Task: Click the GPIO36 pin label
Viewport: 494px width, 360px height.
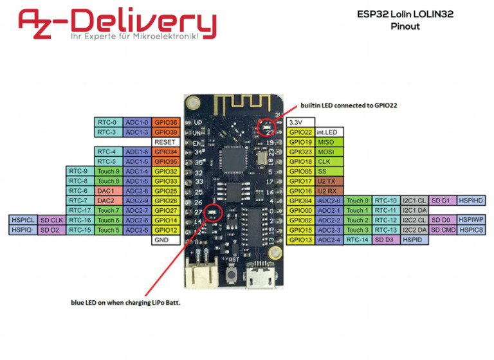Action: point(165,122)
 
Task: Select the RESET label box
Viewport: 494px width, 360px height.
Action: point(165,141)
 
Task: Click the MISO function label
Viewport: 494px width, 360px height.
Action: point(326,141)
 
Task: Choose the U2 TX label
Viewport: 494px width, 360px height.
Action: point(326,181)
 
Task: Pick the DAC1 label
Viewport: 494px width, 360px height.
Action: point(107,191)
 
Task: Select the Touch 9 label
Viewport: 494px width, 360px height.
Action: point(107,172)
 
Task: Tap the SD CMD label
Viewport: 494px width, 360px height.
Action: point(443,230)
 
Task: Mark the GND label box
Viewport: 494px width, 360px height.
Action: point(165,240)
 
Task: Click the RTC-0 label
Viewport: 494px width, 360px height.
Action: point(107,122)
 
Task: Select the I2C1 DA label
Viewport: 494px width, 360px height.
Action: point(414,210)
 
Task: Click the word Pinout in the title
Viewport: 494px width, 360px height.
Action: point(405,26)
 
